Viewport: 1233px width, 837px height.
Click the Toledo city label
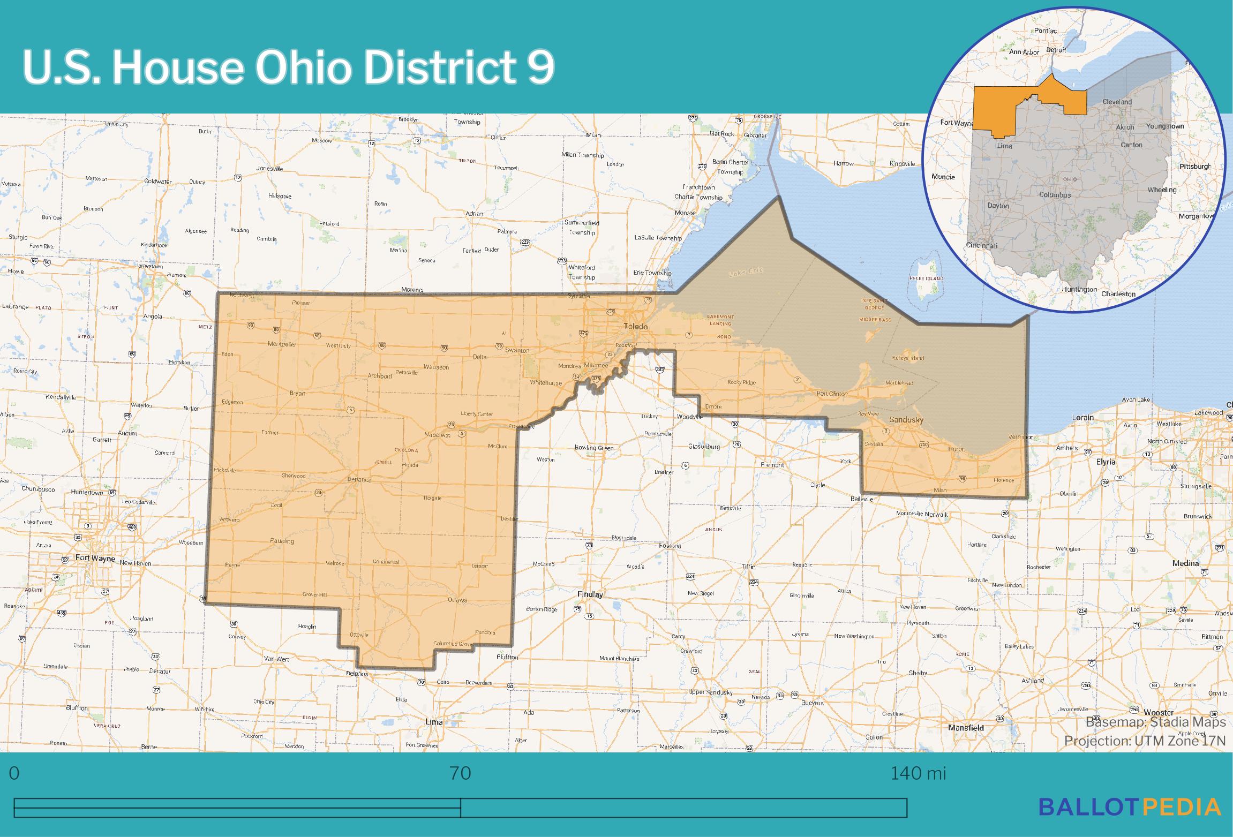[x=635, y=326]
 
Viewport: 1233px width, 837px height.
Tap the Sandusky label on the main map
[x=906, y=420]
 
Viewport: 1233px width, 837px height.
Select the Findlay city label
[x=590, y=594]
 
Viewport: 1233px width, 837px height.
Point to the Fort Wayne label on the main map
[x=95, y=558]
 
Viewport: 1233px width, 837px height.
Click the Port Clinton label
[x=831, y=394]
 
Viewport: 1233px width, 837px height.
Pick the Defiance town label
[x=359, y=479]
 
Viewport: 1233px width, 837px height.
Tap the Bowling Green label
[x=593, y=447]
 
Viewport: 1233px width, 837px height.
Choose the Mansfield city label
[x=966, y=728]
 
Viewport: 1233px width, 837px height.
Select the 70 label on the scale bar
[x=460, y=773]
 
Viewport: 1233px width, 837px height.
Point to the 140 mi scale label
[x=918, y=773]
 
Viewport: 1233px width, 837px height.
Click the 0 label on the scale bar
[x=14, y=773]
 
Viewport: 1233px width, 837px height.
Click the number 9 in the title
[x=541, y=69]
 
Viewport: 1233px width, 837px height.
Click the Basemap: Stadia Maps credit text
[x=1155, y=722]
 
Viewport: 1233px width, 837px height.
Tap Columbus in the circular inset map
[x=1055, y=195]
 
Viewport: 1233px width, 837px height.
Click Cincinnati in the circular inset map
[x=982, y=246]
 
